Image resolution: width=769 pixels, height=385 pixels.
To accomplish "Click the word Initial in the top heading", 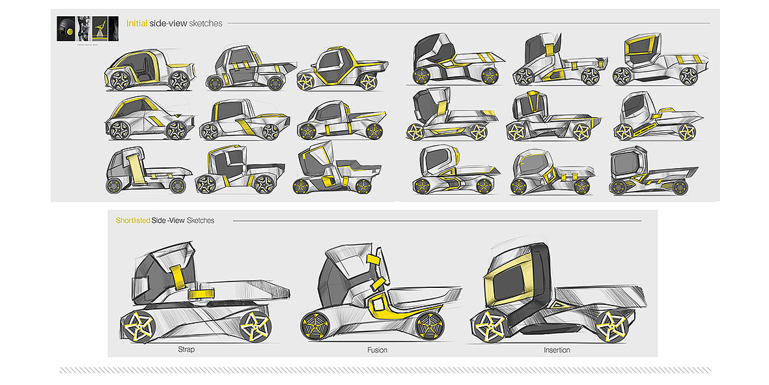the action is coord(137,23).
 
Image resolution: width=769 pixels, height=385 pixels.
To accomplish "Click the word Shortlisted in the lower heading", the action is coord(133,221).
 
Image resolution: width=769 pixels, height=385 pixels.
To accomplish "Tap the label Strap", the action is coord(186,350).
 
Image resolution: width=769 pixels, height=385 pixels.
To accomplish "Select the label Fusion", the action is coord(377,350).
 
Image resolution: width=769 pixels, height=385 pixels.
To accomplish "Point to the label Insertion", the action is coord(557,350).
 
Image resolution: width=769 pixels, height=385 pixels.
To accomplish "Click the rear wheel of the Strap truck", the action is coord(255,326).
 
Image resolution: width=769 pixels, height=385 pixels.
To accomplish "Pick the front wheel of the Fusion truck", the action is coord(318,326).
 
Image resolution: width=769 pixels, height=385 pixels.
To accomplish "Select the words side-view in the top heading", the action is coord(168,23).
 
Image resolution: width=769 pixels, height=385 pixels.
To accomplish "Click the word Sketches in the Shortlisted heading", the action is coord(201,221).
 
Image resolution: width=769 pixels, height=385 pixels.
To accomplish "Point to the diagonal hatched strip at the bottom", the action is coord(384,370).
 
